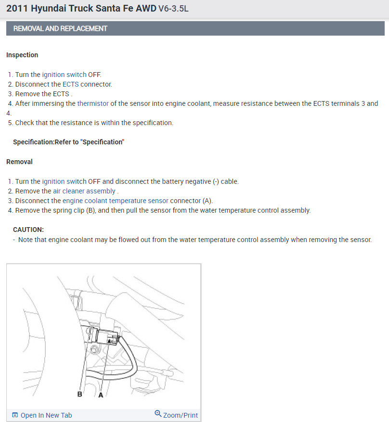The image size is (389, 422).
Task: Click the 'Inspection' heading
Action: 22,55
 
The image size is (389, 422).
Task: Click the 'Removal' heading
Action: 19,162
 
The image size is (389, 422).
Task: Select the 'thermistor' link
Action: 93,103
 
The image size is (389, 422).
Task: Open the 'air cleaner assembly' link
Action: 84,191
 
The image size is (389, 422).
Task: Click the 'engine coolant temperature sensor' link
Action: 116,201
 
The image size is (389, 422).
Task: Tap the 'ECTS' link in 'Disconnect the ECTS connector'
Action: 70,84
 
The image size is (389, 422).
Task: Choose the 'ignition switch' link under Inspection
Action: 64,75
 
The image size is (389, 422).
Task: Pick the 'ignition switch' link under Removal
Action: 64,181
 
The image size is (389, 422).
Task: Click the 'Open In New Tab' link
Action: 46,415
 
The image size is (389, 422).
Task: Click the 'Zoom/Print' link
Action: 180,415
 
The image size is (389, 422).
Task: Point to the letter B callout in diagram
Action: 80,394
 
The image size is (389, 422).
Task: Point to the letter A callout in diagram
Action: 101,394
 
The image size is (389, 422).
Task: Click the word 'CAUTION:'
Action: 28,230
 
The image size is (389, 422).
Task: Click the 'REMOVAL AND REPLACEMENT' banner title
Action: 60,28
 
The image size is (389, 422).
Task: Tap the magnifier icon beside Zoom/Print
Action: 158,414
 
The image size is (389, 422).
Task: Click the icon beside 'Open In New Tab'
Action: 15,415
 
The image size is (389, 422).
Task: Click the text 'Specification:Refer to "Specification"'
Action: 68,142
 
